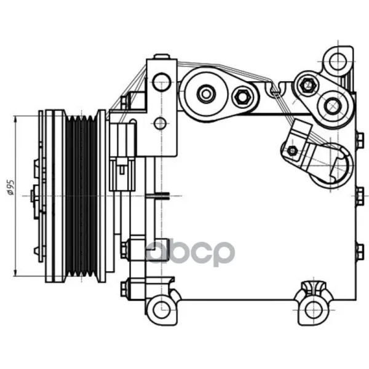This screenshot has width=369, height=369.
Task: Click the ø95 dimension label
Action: (11, 188)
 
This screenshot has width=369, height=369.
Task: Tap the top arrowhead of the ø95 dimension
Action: (15, 119)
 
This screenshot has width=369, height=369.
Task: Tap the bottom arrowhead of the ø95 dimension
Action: (15, 273)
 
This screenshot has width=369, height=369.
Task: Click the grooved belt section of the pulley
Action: (81, 196)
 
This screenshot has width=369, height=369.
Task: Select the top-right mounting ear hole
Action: (338, 61)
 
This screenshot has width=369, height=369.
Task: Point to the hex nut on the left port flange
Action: (242, 97)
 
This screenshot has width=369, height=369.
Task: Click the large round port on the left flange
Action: (206, 94)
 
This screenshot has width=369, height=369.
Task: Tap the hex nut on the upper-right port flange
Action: (307, 85)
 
